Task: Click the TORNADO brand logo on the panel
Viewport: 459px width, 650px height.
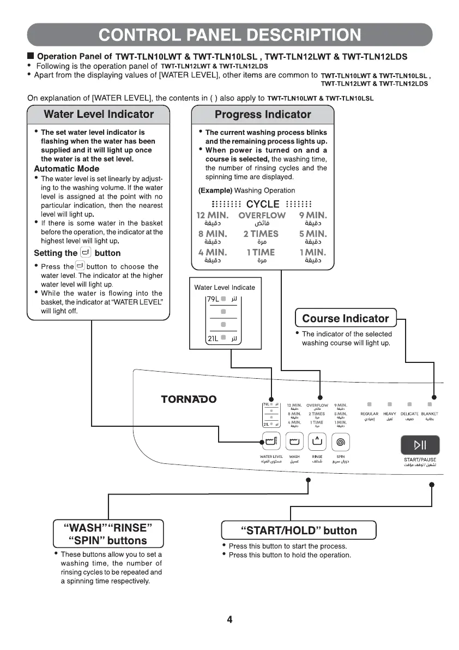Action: [x=189, y=399]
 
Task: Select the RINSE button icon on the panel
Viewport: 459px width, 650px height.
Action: [x=318, y=441]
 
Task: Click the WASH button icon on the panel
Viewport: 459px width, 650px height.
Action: [x=294, y=441]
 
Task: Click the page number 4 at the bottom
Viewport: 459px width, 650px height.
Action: [x=230, y=619]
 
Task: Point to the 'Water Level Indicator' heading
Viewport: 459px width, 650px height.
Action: [x=99, y=115]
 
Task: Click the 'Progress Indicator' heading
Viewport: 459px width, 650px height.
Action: [x=263, y=115]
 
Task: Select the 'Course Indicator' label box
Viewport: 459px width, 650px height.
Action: [x=346, y=319]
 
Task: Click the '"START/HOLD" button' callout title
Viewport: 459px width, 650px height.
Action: [x=299, y=530]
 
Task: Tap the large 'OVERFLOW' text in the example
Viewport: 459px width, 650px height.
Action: [x=262, y=216]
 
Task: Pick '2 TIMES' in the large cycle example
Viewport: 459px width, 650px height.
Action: [x=262, y=234]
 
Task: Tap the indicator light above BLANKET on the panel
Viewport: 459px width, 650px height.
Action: [x=430, y=405]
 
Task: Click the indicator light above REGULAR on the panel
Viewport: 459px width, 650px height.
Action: [x=369, y=405]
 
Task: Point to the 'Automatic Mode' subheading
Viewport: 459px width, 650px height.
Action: [x=67, y=169]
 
